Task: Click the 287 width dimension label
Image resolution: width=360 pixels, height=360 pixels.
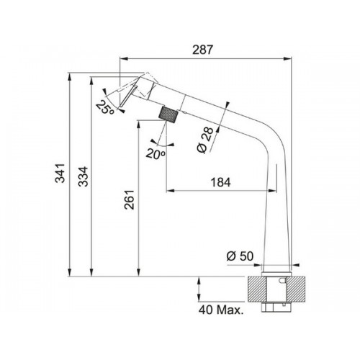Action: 202,50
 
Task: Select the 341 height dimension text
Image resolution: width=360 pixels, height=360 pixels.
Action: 60,173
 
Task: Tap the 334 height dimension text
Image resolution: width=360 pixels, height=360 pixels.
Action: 84,176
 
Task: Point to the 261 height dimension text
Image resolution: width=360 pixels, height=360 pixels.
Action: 129,199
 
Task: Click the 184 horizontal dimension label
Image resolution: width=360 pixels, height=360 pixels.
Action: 220,182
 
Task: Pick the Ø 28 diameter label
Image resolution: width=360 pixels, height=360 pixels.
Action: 204,140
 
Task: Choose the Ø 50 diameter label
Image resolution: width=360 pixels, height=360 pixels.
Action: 240,256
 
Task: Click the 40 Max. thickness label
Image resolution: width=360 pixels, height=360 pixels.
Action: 221,310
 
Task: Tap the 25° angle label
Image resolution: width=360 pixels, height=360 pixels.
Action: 105,107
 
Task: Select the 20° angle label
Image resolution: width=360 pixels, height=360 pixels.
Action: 156,153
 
